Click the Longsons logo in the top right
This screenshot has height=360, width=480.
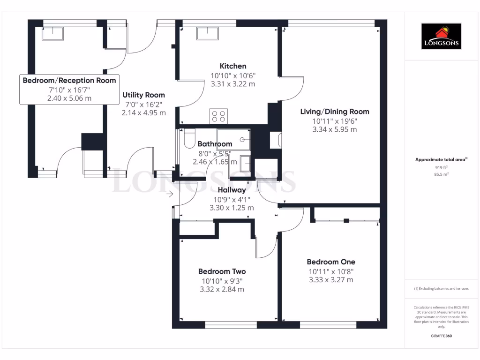[442, 37]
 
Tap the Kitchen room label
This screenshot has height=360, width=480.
[233, 66]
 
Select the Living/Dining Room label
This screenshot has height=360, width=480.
[334, 112]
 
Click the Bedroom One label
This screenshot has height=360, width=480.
[330, 262]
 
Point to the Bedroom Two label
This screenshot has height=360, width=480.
[222, 271]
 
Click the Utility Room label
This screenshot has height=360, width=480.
[143, 95]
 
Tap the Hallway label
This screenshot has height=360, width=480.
[232, 190]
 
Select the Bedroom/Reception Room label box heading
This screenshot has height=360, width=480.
[69, 80]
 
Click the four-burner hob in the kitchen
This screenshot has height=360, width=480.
[218, 116]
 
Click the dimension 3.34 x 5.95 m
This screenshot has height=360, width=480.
[334, 129]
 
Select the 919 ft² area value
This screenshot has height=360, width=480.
[441, 167]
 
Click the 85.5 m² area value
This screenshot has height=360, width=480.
[441, 174]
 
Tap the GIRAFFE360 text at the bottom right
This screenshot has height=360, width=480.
[441, 336]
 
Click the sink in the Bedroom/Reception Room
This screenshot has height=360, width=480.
[52, 33]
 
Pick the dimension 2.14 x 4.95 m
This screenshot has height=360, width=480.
[143, 113]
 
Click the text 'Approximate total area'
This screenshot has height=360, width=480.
[440, 160]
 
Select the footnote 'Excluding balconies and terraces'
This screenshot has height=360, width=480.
[441, 289]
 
